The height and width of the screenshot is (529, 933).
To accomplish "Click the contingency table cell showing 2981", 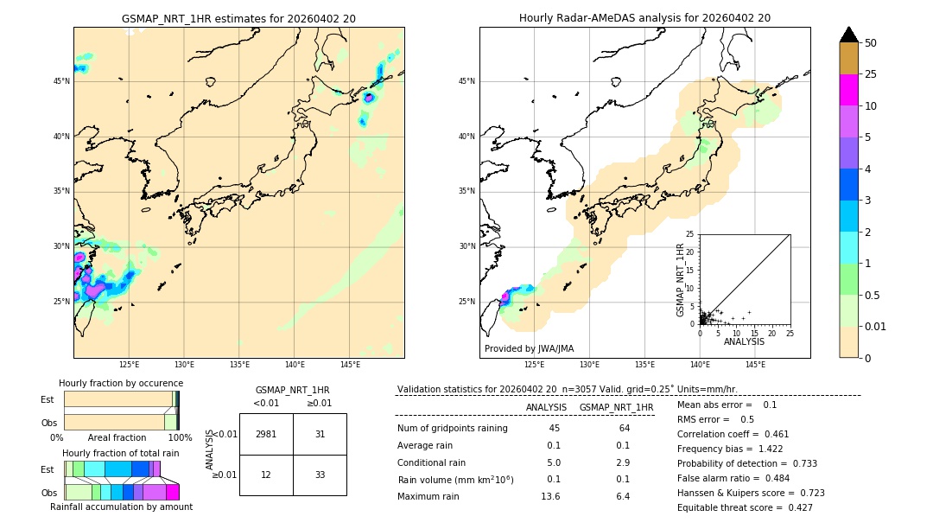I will [266, 434].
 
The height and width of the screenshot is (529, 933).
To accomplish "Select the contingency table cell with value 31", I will [320, 434].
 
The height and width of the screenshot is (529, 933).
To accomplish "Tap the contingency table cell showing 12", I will [266, 475].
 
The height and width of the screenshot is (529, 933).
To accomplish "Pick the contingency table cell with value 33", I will [320, 475].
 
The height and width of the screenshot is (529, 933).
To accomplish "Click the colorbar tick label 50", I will [871, 43].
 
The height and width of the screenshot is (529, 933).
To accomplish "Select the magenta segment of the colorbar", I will [849, 90].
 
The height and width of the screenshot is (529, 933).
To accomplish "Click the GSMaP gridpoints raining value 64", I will [624, 429].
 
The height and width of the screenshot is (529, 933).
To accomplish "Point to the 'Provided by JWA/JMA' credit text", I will [529, 349].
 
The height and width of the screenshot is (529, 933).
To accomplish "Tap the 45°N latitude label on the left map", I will [61, 81].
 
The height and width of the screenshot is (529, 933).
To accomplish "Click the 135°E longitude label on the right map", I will [644, 365].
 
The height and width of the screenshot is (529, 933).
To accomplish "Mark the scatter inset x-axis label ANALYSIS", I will [744, 342].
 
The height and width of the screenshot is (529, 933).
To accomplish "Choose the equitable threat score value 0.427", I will [793, 507].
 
